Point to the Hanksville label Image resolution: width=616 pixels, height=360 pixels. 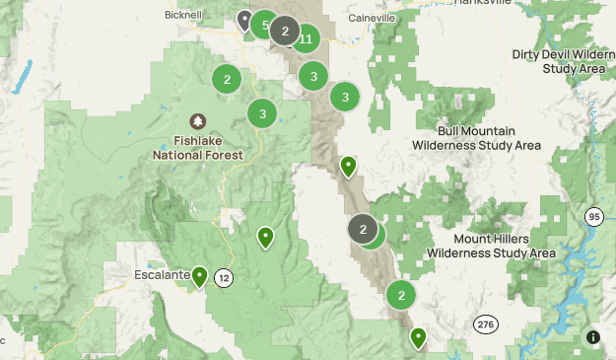[x=483, y=3]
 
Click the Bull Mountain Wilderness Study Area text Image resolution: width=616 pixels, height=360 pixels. [x=477, y=138]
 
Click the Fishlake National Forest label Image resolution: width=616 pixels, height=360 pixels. [x=200, y=148]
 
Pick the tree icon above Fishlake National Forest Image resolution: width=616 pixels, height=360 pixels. [x=200, y=121]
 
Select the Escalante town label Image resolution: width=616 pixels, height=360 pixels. [x=161, y=275]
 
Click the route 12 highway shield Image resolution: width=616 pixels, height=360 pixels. [x=225, y=277]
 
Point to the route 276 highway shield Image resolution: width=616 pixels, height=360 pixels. [x=484, y=323]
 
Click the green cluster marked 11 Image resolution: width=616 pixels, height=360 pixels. [x=307, y=39]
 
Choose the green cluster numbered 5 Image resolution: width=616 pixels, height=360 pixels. [x=264, y=25]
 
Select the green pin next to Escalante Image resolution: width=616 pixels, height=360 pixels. [x=200, y=276]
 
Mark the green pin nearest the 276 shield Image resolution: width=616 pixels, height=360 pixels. [x=418, y=338]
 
